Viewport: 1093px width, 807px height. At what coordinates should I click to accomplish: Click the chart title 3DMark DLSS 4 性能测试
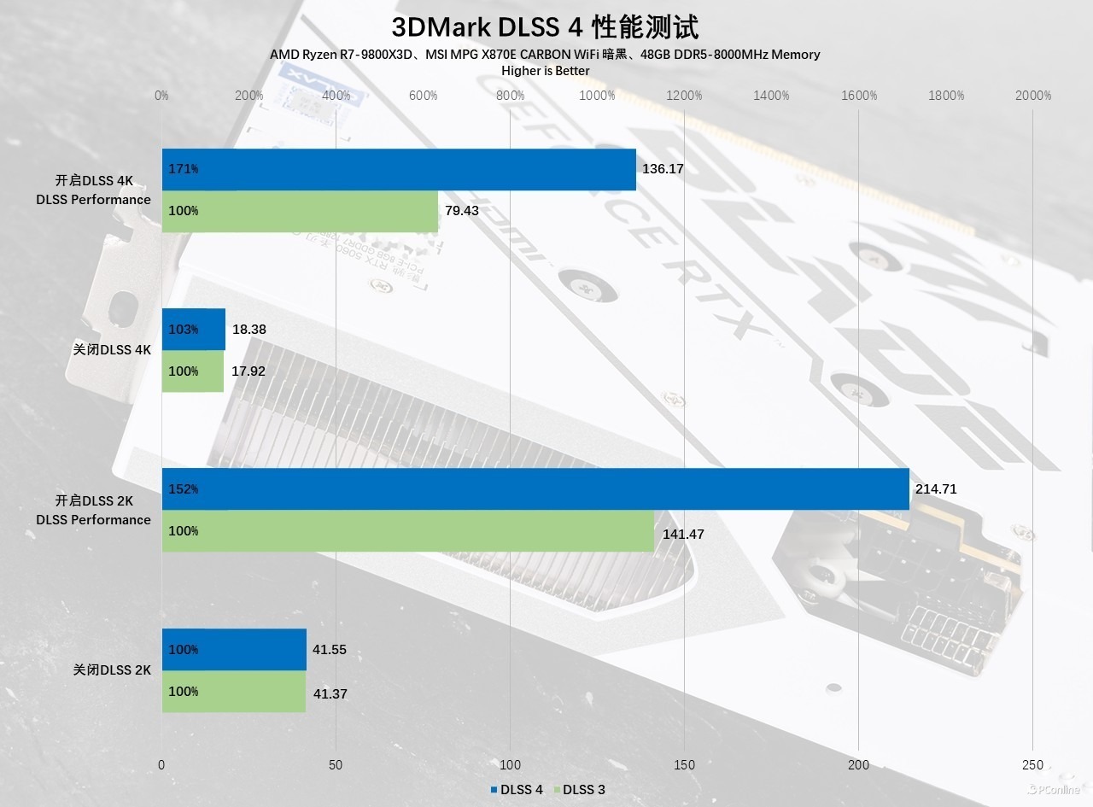pyautogui.click(x=545, y=26)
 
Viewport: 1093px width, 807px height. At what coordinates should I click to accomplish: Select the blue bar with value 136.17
pyautogui.click(x=399, y=169)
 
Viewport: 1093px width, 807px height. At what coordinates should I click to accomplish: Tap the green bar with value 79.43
pyautogui.click(x=300, y=211)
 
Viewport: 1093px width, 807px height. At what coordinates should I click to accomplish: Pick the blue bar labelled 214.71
pyautogui.click(x=535, y=489)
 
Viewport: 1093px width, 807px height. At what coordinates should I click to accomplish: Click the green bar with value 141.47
pyautogui.click(x=408, y=531)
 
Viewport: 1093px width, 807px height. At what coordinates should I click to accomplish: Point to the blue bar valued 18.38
pyautogui.click(x=194, y=330)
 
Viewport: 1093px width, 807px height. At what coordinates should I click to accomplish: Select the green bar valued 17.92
pyautogui.click(x=193, y=371)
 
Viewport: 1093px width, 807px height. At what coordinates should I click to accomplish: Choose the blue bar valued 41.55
pyautogui.click(x=234, y=650)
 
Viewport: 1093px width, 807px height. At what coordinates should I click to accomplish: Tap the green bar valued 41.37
pyautogui.click(x=234, y=692)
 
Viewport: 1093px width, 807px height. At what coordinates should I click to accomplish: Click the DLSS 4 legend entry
pyautogui.click(x=517, y=790)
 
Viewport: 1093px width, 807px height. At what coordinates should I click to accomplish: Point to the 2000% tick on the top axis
pyautogui.click(x=1032, y=96)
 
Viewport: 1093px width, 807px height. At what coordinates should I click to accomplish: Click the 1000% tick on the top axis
pyautogui.click(x=597, y=96)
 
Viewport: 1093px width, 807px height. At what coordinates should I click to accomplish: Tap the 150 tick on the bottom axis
pyautogui.click(x=684, y=765)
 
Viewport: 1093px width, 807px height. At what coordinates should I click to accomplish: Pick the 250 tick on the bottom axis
pyautogui.click(x=1032, y=765)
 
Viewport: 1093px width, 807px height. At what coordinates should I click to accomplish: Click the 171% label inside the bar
pyautogui.click(x=184, y=169)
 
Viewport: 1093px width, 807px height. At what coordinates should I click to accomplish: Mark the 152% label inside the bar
pyautogui.click(x=184, y=489)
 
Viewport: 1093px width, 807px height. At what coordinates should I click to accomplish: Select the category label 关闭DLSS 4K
pyautogui.click(x=112, y=350)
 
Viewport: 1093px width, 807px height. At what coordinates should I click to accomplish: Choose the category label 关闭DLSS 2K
pyautogui.click(x=112, y=670)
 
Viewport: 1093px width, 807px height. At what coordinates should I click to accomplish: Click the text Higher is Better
pyautogui.click(x=545, y=71)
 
